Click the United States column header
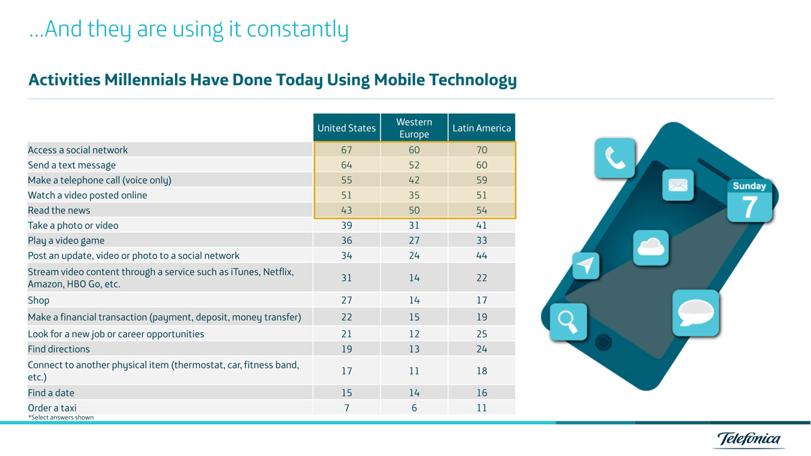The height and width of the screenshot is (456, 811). pos(347,128)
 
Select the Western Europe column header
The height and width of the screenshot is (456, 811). pos(414,128)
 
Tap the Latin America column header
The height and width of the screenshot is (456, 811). pos(482,128)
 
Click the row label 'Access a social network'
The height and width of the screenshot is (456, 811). pos(78,150)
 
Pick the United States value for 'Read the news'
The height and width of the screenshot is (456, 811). pos(347,210)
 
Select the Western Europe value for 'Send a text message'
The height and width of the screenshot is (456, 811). pos(414,165)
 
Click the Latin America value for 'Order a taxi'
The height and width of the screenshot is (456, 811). pos(482,407)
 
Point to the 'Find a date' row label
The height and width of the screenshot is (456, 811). pos(51,392)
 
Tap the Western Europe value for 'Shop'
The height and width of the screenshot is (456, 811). pos(414,300)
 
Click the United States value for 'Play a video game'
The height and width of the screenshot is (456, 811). pos(347,240)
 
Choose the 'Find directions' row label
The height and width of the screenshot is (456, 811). pos(59,349)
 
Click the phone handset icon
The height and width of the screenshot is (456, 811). pos(615,159)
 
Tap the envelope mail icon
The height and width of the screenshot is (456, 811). pos(677,185)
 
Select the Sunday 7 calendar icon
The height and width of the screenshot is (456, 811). pos(749,200)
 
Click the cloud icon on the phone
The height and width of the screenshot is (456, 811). pos(651,247)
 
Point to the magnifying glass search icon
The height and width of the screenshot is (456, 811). pos(568,322)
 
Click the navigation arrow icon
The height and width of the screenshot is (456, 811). pos(586,265)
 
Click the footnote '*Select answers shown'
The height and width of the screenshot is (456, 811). pos(61,417)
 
